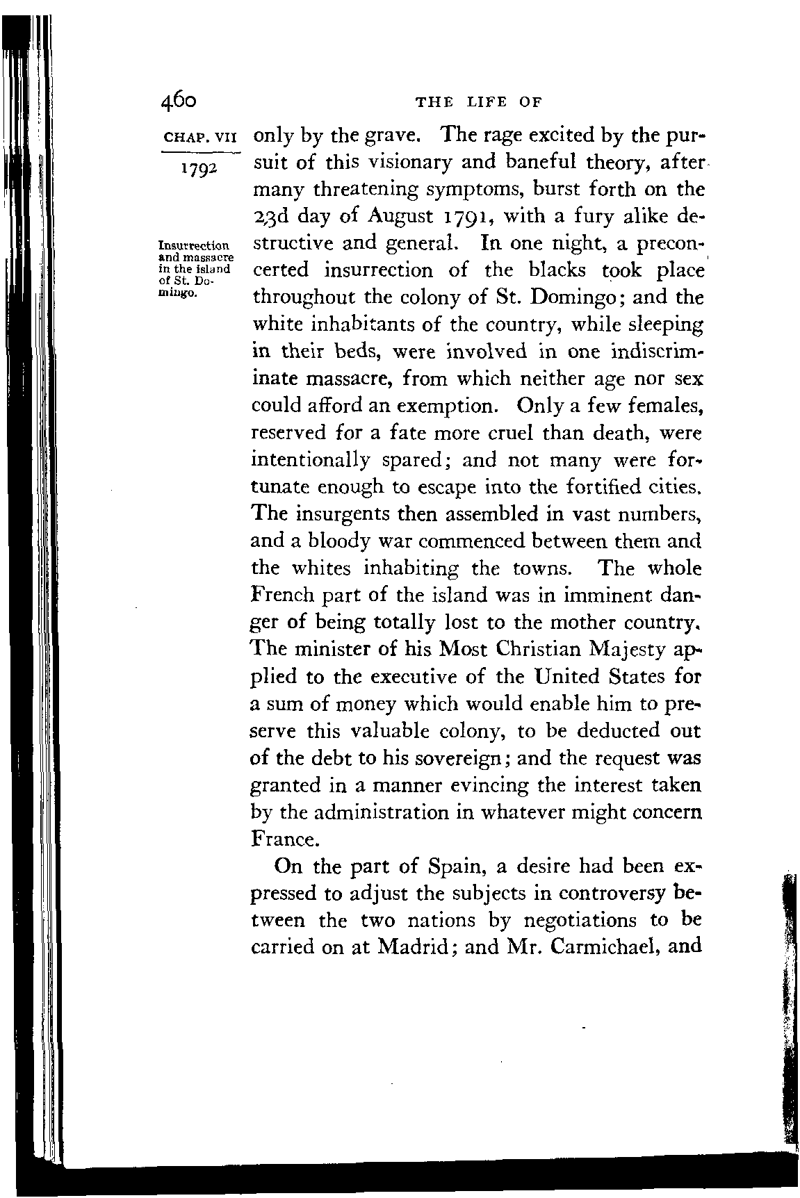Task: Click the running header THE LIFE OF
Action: point(477,102)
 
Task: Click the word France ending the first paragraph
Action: point(282,839)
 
